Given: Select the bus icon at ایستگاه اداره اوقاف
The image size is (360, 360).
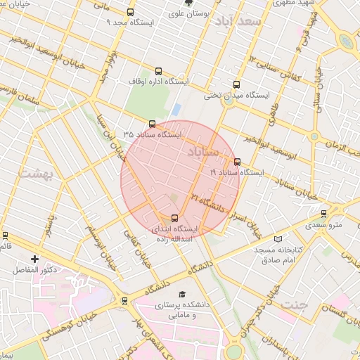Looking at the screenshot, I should (x=157, y=71).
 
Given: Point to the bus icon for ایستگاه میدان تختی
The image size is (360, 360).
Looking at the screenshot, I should (x=236, y=84).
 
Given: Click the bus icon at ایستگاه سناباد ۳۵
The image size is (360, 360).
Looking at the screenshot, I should (x=153, y=123).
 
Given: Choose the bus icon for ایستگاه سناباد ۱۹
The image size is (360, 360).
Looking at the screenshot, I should (x=236, y=161).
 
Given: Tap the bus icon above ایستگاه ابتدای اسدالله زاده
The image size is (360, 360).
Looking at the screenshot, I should (x=175, y=218).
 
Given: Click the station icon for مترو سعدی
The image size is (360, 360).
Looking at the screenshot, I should (x=323, y=214).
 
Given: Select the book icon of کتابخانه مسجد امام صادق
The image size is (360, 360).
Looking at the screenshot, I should (x=278, y=239).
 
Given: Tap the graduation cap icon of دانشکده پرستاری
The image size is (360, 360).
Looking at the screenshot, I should (x=182, y=295).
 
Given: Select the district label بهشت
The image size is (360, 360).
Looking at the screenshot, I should (x=32, y=172).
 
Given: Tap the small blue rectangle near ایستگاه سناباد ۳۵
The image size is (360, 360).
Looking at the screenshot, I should (x=176, y=110).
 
